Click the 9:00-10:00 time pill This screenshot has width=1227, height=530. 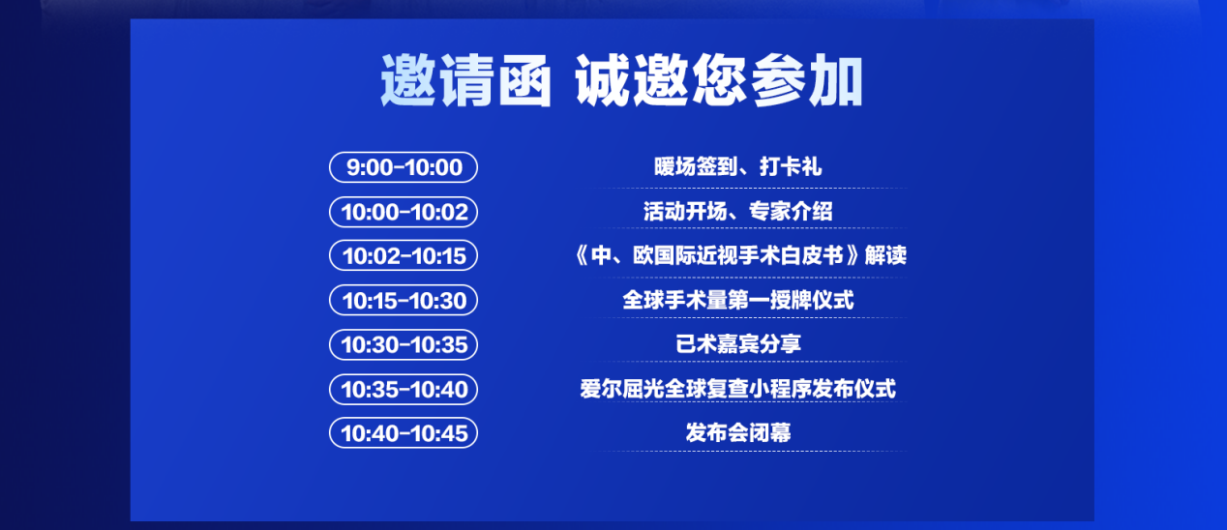(x=404, y=167)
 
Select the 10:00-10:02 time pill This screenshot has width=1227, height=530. (x=404, y=212)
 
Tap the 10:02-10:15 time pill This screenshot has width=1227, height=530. (x=404, y=255)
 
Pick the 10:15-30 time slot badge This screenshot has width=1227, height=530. (x=404, y=300)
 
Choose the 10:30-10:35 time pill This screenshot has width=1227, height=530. (x=404, y=344)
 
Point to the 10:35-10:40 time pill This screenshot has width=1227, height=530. (x=404, y=389)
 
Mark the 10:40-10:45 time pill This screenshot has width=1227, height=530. (x=404, y=432)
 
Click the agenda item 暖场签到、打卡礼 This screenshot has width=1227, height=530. (x=737, y=167)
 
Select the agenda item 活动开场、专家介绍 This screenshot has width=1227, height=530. (x=737, y=212)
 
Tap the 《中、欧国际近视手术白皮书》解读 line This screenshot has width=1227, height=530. (x=737, y=255)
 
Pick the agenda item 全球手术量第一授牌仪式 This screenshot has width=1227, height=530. (x=737, y=300)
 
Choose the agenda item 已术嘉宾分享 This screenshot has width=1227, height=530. (x=737, y=344)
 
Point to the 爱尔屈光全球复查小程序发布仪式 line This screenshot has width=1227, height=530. (x=737, y=389)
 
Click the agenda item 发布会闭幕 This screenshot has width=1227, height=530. (x=737, y=432)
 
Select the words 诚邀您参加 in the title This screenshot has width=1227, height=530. (x=718, y=81)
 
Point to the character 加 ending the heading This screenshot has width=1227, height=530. (x=834, y=81)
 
